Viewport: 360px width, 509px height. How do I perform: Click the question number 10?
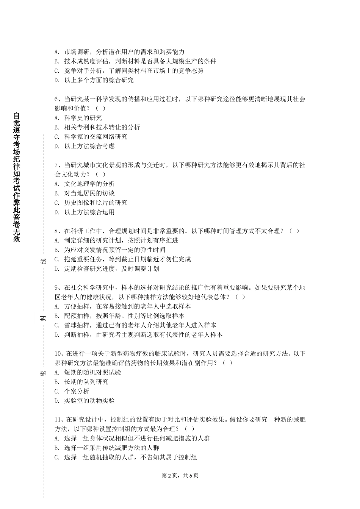pos(58,354)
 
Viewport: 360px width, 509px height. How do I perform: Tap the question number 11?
pos(58,420)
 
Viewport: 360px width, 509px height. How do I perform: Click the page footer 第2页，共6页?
pos(180,476)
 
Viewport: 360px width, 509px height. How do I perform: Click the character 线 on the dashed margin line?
pos(43,261)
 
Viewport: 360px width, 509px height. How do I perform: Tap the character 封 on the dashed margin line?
pos(43,317)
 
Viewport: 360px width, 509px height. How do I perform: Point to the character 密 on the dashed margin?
pos(43,373)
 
